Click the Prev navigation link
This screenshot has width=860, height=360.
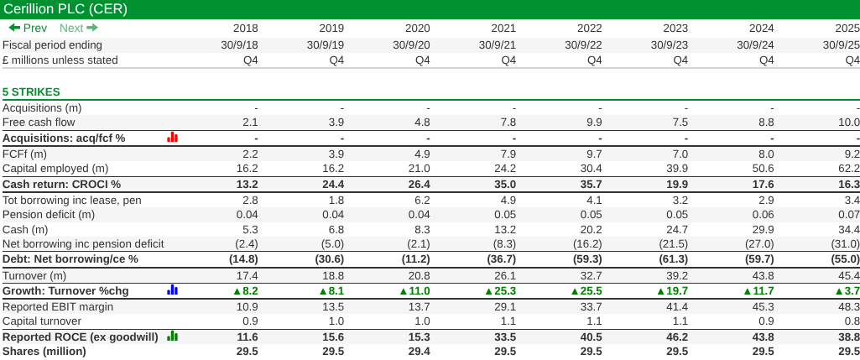pos(28,28)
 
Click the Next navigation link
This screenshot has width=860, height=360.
pos(79,28)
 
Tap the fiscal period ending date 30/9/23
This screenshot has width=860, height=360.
pos(668,44)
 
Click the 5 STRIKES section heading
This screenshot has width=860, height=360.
pos(31,91)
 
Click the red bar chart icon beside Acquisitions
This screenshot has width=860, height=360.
pos(173,138)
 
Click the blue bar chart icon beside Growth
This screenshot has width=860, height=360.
pos(173,290)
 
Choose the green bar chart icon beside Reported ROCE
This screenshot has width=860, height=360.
pos(173,337)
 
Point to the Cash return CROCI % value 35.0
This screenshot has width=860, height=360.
pos(505,184)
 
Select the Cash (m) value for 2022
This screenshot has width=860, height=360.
pos(591,229)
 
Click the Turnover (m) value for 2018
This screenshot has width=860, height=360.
pos(248,275)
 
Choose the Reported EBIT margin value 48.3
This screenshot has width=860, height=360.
pos(849,306)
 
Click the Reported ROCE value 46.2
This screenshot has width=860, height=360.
pos(677,337)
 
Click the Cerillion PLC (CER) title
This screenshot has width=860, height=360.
pos(65,9)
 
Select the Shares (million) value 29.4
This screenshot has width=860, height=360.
pos(419,352)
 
